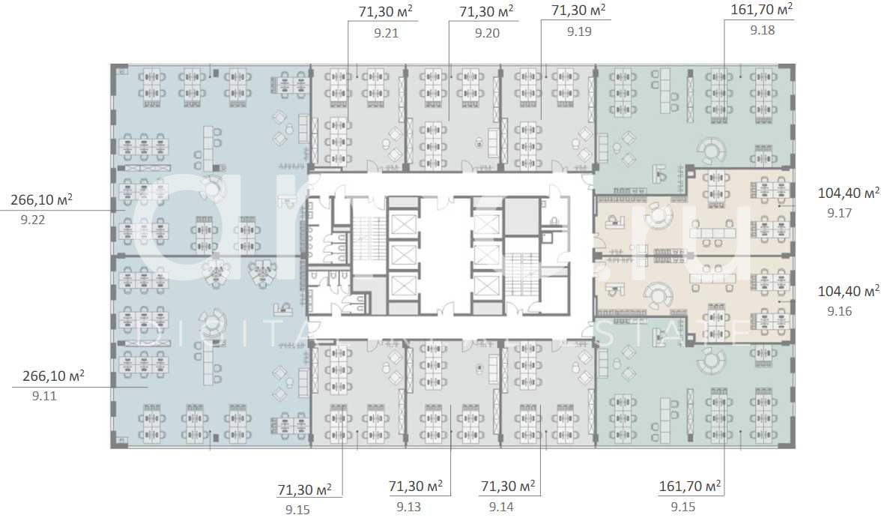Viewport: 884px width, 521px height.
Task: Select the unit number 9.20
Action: point(487,33)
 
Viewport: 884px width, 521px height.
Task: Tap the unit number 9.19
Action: point(579,31)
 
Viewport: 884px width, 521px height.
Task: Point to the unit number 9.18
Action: point(762,31)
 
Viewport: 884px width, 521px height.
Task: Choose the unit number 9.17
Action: point(840,214)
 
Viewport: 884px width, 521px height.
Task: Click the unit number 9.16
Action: point(840,311)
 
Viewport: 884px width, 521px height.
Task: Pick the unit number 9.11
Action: point(45,396)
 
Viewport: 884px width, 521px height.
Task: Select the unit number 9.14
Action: point(502,508)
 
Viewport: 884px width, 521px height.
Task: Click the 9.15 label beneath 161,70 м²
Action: point(683,508)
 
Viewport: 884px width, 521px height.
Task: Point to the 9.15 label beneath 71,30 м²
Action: point(297,510)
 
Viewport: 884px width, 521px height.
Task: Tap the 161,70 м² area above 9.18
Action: point(761,10)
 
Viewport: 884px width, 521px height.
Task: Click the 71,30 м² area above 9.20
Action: point(486,11)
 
